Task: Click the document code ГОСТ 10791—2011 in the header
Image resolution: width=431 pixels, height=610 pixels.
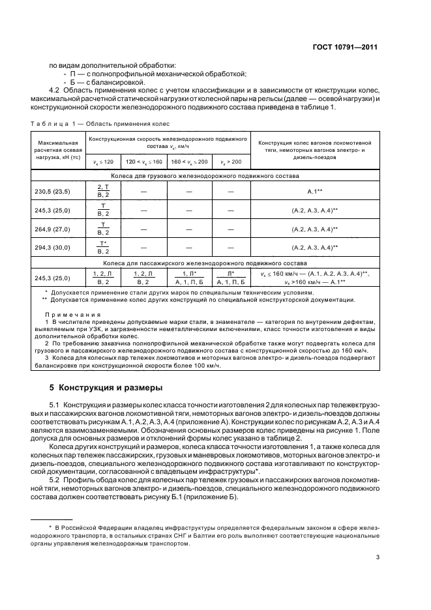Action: click(x=345, y=47)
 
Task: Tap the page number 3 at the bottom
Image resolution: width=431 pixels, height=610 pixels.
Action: click(x=378, y=557)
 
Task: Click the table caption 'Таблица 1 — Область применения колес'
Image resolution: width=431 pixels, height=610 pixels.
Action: click(x=100, y=123)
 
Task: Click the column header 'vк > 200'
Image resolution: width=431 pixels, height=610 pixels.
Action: click(x=230, y=161)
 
